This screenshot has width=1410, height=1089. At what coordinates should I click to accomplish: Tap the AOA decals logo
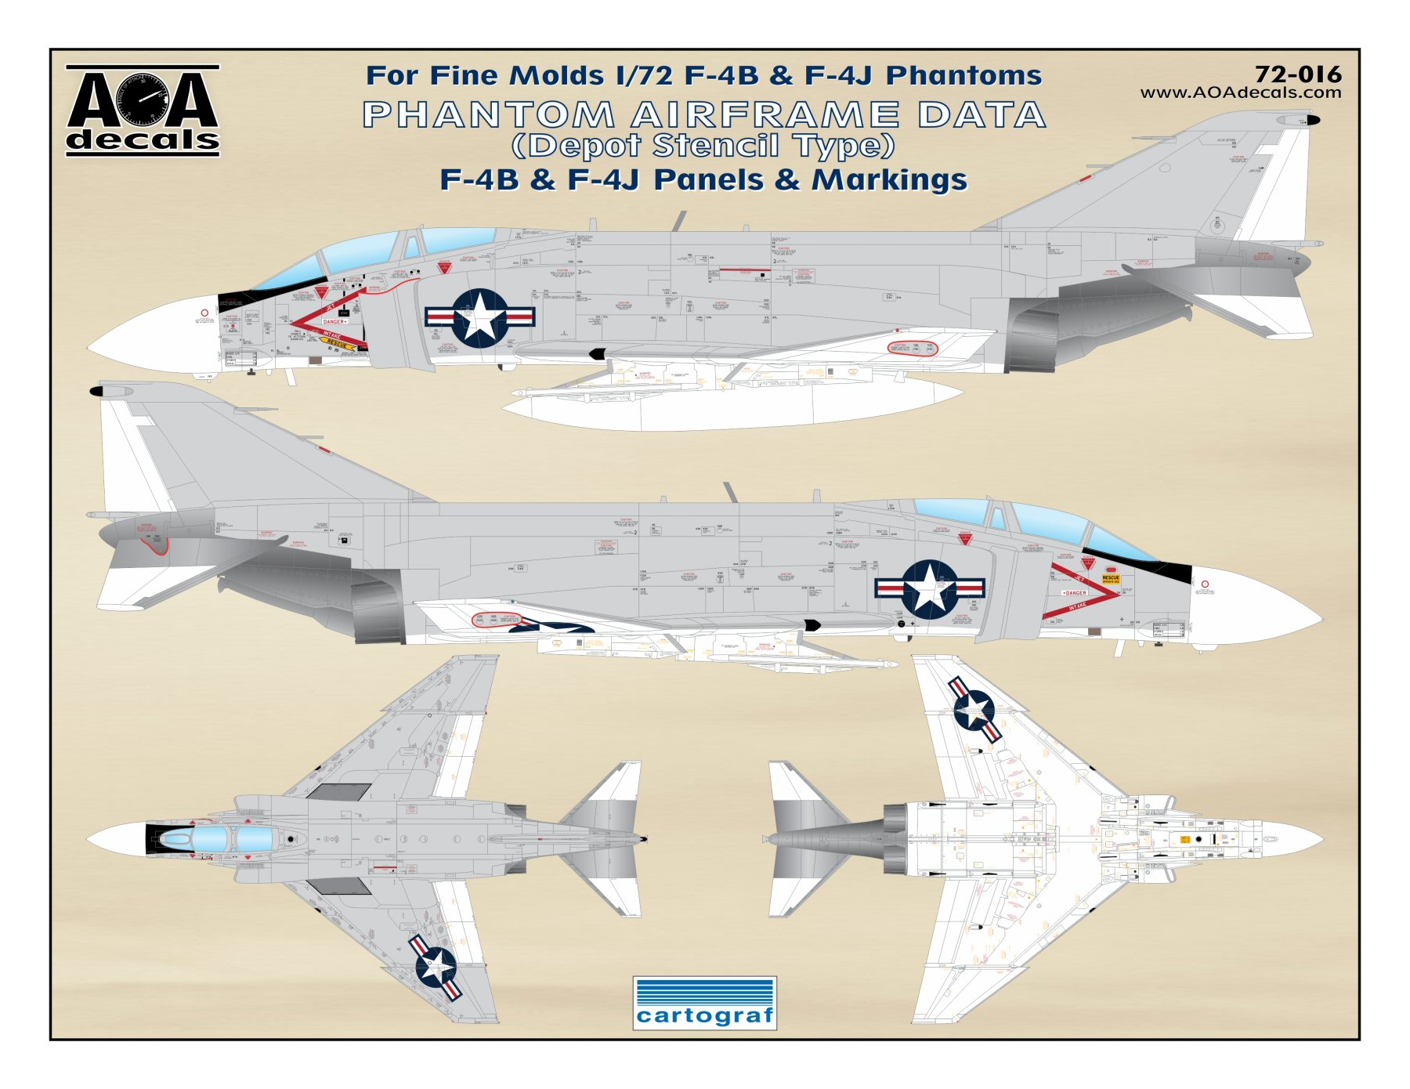point(143,110)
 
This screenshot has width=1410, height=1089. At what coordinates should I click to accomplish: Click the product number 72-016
point(1297,74)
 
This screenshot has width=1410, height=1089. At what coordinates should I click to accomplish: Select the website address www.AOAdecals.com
point(1240,92)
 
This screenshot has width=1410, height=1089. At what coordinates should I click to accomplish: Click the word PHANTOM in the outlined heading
point(489,115)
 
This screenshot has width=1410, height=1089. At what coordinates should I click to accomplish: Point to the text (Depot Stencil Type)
point(703,146)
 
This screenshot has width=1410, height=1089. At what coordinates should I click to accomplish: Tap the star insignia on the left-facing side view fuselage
point(479,317)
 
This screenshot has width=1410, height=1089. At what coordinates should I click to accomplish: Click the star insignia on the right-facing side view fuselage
point(929,588)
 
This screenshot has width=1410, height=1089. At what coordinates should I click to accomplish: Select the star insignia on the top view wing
point(436,967)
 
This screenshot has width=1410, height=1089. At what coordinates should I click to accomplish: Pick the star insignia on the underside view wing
point(974,710)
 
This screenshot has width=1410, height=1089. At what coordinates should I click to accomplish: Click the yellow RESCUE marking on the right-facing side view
point(1111,578)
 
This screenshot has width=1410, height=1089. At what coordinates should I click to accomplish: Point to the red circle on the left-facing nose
point(204,313)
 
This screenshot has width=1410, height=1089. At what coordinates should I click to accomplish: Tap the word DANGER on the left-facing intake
point(334,321)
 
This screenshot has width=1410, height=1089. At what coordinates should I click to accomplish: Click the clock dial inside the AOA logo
point(143,99)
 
